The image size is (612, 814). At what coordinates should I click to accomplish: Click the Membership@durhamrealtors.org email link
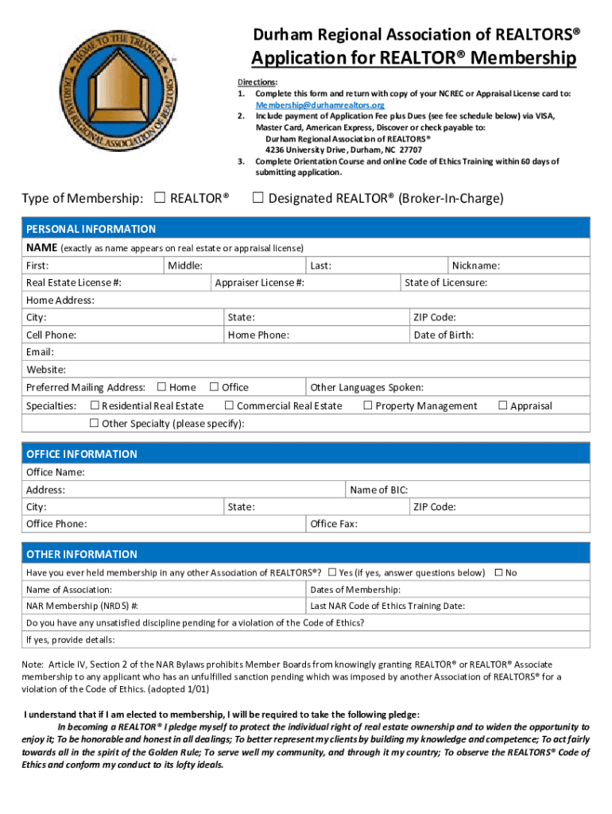(320, 105)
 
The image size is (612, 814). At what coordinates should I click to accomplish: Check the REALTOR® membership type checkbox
(159, 198)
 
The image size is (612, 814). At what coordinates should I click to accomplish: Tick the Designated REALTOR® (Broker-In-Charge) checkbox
(258, 198)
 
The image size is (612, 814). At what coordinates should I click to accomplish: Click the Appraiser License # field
(350, 283)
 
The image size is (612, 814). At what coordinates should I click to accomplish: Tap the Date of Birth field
(533, 335)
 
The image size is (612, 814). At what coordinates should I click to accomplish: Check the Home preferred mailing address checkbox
(161, 387)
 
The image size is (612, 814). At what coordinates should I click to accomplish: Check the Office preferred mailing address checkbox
(214, 387)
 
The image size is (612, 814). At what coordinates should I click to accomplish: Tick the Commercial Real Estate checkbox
(229, 406)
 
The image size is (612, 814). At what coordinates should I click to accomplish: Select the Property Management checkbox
(368, 406)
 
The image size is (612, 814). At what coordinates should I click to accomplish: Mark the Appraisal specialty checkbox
(502, 406)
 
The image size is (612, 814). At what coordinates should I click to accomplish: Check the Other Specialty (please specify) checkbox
(95, 423)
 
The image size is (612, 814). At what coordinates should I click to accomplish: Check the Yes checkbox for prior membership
(332, 572)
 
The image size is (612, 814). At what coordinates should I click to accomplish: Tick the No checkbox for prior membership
(498, 572)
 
